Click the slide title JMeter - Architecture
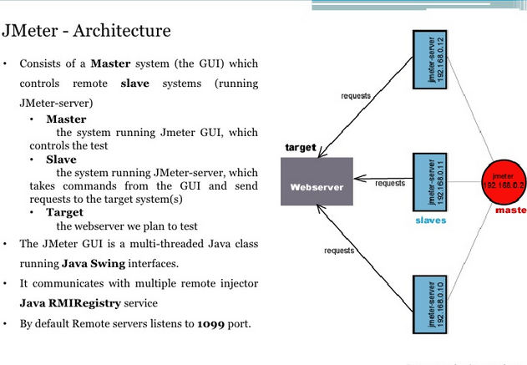pos(86,32)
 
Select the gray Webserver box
pos(317,183)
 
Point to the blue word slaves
pos(431,221)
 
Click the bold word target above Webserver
pos(301,148)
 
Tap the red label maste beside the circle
pos(510,210)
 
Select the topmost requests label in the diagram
pos(356,97)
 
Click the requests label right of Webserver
pos(389,183)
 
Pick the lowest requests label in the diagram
pos(339,251)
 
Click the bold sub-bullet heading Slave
pos(61,159)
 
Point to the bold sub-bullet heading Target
pos(64,212)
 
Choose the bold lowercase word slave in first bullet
pos(135,84)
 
